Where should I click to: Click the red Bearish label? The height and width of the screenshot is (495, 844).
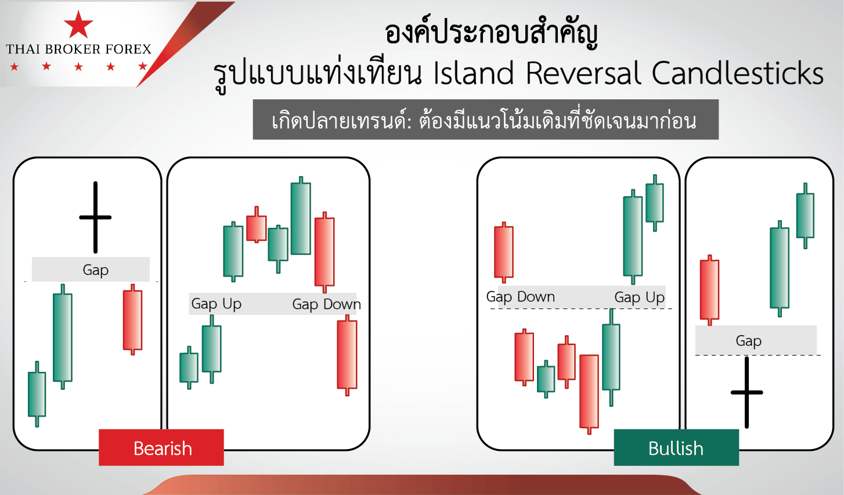[161, 448]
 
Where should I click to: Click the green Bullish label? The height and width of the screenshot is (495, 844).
[676, 448]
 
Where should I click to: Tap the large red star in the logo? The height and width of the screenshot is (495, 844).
[78, 25]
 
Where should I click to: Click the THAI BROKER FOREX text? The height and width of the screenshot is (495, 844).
[78, 49]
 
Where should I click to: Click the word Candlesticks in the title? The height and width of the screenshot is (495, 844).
[737, 74]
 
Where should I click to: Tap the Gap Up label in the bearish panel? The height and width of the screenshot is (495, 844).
[216, 304]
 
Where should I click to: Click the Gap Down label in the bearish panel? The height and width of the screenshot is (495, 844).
[326, 304]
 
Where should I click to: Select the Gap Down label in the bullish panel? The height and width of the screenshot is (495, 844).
[521, 297]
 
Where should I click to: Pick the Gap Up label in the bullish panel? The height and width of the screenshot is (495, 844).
[639, 297]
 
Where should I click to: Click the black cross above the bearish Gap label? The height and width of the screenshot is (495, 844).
[95, 217]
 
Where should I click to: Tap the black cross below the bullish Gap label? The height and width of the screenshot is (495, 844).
[746, 392]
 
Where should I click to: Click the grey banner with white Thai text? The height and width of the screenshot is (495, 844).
[485, 120]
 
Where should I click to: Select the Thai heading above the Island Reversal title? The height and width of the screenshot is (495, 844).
[491, 34]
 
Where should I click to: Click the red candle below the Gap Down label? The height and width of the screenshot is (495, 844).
[347, 354]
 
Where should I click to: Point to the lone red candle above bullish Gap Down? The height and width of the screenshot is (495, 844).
[503, 252]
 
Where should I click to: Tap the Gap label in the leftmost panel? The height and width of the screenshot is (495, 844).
[95, 270]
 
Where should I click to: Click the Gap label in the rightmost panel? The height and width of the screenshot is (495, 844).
[748, 341]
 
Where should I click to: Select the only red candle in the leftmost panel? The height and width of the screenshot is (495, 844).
[132, 320]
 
